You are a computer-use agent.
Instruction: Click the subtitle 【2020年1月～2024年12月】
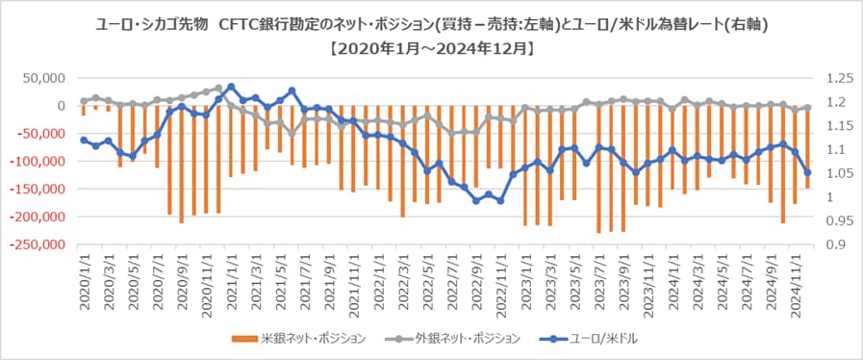[431, 45]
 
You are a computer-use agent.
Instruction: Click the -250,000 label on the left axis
[38, 245]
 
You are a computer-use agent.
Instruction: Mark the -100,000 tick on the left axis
[38, 162]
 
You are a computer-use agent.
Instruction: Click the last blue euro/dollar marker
[807, 172]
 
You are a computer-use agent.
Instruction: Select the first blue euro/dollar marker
[84, 140]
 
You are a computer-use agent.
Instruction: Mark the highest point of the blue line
[231, 87]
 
